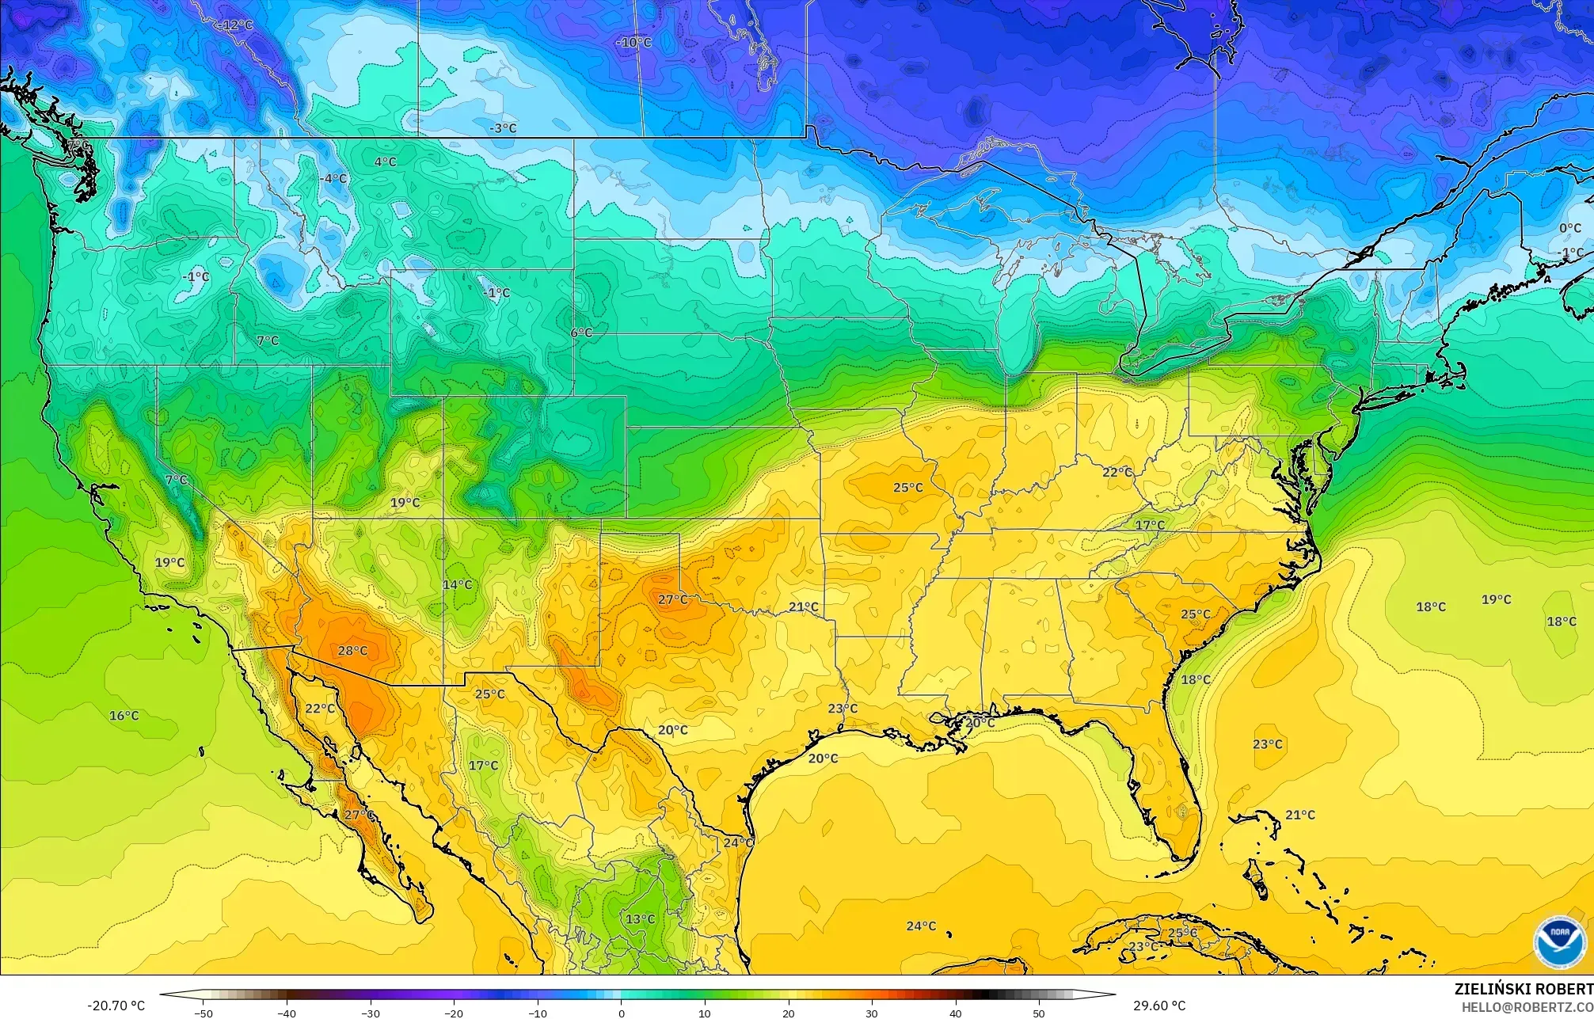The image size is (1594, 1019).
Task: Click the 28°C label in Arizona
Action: pos(352,651)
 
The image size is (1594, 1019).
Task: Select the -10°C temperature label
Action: pos(633,42)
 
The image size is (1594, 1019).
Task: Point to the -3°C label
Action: pos(502,127)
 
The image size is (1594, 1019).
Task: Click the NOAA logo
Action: pos(1559,941)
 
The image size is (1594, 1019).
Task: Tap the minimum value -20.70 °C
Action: pos(116,1006)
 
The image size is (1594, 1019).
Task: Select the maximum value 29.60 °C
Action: pos(1159,1006)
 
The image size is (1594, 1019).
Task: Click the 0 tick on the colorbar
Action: pos(621,1013)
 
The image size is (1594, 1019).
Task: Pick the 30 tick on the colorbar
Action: pos(872,1013)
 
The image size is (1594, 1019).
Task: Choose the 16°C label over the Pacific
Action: pos(124,716)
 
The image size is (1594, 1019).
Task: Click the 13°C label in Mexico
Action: pos(640,919)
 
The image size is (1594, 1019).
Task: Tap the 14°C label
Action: pos(457,585)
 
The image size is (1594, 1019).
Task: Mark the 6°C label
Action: pos(580,333)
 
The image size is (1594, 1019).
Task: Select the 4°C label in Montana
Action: pos(385,162)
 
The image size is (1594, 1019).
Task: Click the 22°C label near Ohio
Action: pos(1117,472)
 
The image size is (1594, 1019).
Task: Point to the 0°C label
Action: pos(1570,228)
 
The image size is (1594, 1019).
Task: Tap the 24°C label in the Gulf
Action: pos(921,926)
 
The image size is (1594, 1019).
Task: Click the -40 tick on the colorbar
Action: pos(287,1013)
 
